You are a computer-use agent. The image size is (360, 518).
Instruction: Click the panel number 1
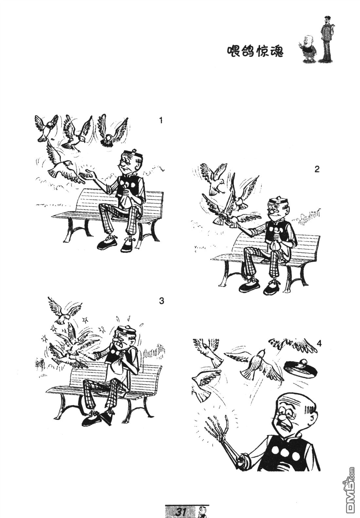pyautogui.click(x=161, y=120)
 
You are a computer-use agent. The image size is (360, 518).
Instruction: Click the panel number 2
pyautogui.click(x=316, y=169)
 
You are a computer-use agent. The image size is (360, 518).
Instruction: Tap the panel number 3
pyautogui.click(x=161, y=301)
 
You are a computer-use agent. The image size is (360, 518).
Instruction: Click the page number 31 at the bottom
pyautogui.click(x=181, y=511)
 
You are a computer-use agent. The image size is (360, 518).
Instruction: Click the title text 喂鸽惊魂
pyautogui.click(x=255, y=51)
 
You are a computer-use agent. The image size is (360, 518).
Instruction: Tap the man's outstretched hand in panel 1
pyautogui.click(x=87, y=174)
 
